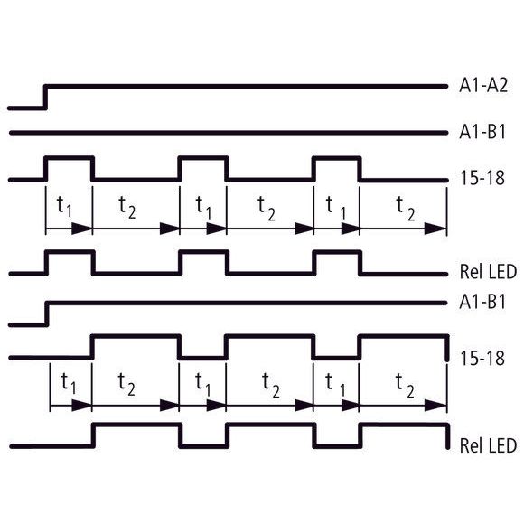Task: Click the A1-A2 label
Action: [483, 85]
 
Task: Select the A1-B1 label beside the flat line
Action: [482, 132]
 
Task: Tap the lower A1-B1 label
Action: [482, 302]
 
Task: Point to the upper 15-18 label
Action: [482, 178]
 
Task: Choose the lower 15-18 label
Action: [482, 359]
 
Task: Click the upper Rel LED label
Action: [488, 271]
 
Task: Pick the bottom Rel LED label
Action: [488, 445]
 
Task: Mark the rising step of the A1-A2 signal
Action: [46, 97]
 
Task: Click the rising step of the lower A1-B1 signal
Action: [47, 313]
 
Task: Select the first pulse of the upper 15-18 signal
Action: [70, 158]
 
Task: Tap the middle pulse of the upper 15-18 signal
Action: [203, 158]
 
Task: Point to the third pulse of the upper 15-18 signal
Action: [337, 158]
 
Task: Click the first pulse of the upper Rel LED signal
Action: [70, 252]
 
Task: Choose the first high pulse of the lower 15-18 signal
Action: [136, 336]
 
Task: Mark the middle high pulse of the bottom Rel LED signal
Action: [271, 426]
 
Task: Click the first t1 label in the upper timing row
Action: [64, 206]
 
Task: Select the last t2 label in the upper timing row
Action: [406, 209]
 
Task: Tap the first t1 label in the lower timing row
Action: [69, 384]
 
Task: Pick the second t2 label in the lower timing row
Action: [271, 385]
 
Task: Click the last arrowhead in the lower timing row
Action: [435, 406]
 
